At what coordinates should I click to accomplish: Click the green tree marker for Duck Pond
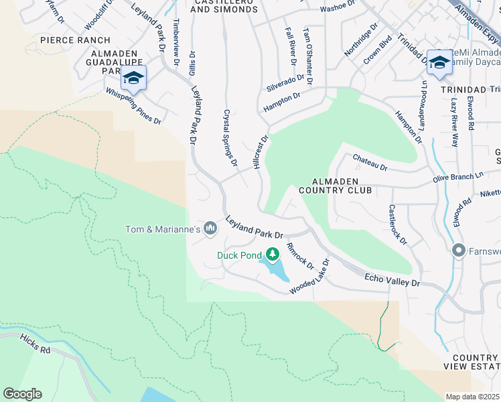pos(272,254)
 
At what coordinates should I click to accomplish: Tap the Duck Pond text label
pos(239,255)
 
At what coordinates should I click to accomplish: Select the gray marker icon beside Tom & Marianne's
pos(210,229)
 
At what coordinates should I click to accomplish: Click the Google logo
pos(22,393)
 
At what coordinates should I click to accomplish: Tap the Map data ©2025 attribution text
pos(473,397)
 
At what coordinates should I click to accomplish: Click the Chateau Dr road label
pos(370,161)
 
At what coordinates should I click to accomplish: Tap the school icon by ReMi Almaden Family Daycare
pos(439,62)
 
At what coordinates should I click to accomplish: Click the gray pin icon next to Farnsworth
pos(459,251)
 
